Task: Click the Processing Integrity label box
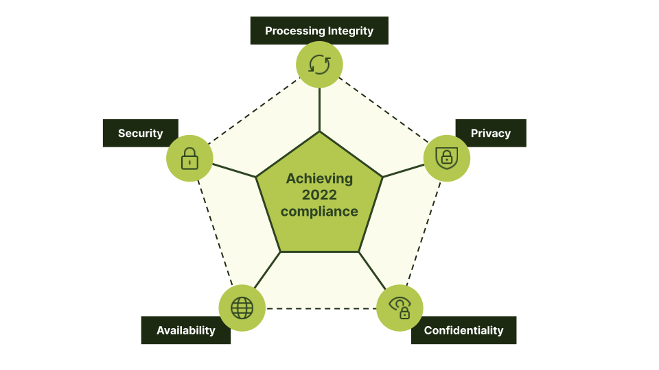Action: pyautogui.click(x=319, y=31)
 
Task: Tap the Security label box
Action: pyautogui.click(x=140, y=133)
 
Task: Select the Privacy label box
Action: pyautogui.click(x=491, y=133)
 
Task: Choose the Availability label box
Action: pyautogui.click(x=185, y=330)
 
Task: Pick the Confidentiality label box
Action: pyautogui.click(x=463, y=330)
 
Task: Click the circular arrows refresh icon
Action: pyautogui.click(x=319, y=64)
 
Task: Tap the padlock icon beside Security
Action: pyautogui.click(x=189, y=158)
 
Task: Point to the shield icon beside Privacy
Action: pyautogui.click(x=447, y=158)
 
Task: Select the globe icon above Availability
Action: pyautogui.click(x=242, y=308)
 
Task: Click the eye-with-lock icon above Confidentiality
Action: pyautogui.click(x=400, y=308)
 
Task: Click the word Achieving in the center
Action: pyautogui.click(x=319, y=179)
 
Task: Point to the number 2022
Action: pyautogui.click(x=319, y=195)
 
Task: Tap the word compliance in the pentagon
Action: pyautogui.click(x=319, y=212)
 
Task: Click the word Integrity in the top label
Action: pyautogui.click(x=350, y=31)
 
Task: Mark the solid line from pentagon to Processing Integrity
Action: pyautogui.click(x=319, y=110)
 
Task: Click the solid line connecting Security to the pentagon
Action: pyautogui.click(x=233, y=171)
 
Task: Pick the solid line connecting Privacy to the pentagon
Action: pyautogui.click(x=404, y=171)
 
